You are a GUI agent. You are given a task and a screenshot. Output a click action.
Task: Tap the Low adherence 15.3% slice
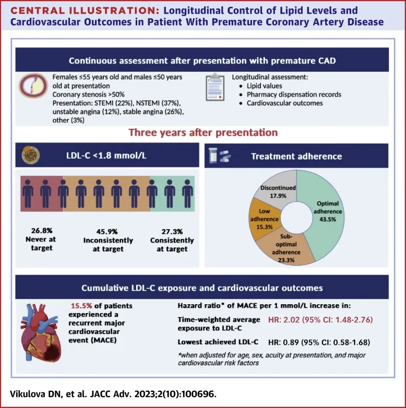point(263,219)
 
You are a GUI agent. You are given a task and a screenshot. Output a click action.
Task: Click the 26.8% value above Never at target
point(42,231)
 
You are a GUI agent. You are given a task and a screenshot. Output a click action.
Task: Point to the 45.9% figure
point(107,232)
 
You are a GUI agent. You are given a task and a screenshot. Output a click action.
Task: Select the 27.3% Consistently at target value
point(172,232)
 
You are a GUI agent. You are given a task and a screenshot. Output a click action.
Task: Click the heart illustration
point(41,333)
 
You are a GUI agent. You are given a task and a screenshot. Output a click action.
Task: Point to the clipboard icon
point(215,87)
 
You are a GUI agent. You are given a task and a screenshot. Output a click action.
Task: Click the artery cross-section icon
point(33,86)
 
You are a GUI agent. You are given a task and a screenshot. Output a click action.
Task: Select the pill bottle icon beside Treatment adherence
point(213,155)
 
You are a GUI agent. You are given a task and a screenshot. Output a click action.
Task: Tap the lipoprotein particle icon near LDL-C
point(31,155)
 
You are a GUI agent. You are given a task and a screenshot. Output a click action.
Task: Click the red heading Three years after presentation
point(203,133)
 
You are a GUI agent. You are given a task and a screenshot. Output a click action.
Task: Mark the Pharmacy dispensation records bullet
point(294,94)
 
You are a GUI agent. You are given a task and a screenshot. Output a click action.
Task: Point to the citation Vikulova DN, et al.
point(49,394)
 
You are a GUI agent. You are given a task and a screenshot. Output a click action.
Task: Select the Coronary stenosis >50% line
point(89,94)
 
